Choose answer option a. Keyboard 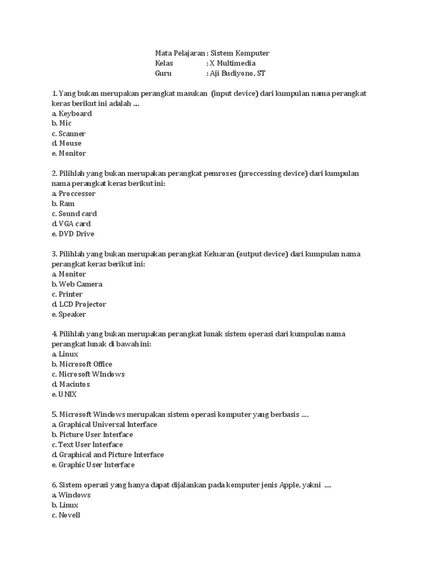point(72,114)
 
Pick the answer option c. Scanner point(68,134)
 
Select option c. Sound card point(74,214)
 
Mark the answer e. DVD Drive point(73,234)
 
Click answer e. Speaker point(69,314)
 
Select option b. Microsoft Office point(82,364)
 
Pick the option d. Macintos point(71,384)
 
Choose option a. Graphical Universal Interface point(104,424)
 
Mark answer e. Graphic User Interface point(93,464)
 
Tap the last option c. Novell point(66,515)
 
